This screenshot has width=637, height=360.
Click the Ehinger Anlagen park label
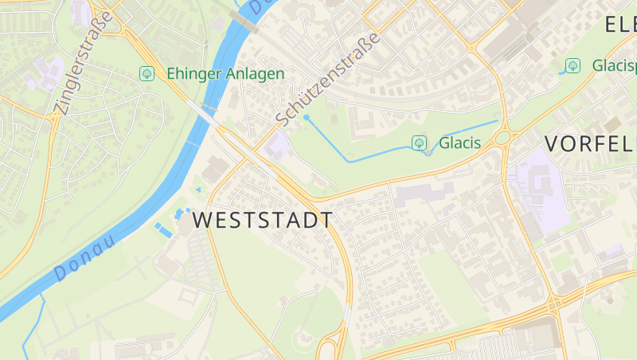(x=225, y=73)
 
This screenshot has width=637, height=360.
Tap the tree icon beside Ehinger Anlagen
(x=147, y=73)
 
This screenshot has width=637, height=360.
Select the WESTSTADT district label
(x=263, y=221)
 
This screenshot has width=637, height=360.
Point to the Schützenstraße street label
(x=328, y=80)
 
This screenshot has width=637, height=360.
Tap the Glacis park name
(x=459, y=143)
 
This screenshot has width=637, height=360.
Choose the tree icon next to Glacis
(x=419, y=143)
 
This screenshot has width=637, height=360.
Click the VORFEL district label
(x=589, y=143)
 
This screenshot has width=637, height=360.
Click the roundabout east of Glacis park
(x=503, y=138)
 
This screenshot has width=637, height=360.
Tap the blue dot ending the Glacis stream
(x=307, y=117)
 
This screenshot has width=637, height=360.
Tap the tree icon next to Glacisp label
(x=572, y=65)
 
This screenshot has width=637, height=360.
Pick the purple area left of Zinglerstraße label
(x=40, y=75)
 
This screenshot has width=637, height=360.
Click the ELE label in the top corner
(x=619, y=24)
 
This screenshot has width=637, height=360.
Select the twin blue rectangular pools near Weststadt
(x=163, y=229)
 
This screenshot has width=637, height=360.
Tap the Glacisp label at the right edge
(x=614, y=65)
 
